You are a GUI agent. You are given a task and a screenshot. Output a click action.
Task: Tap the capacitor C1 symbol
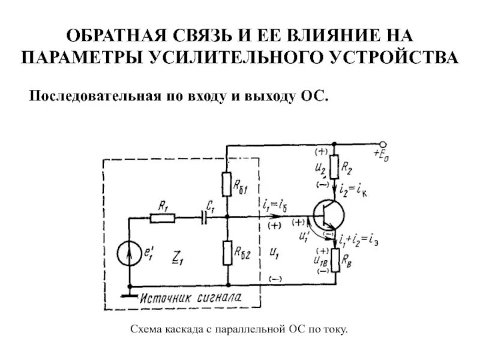[207, 217]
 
